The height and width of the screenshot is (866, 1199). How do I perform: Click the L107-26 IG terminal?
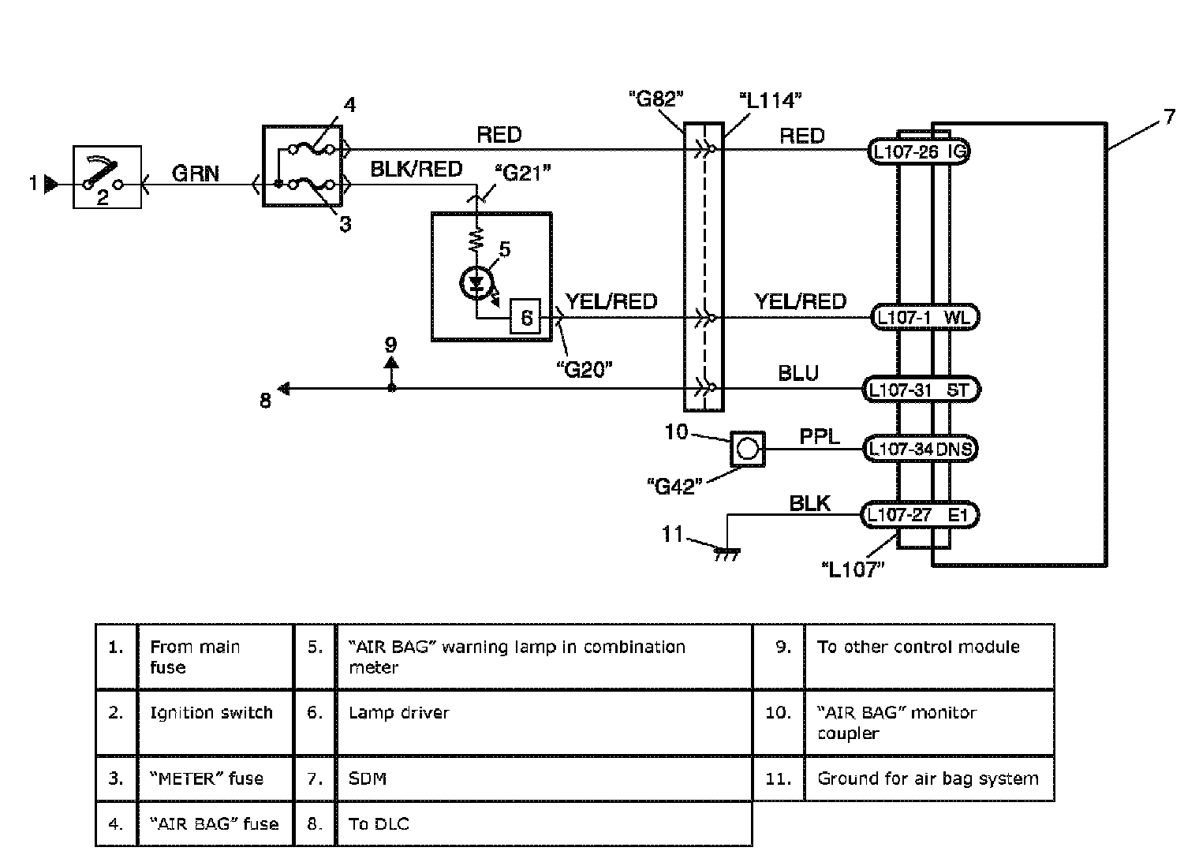(x=918, y=151)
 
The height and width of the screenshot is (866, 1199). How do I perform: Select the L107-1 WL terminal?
(x=925, y=317)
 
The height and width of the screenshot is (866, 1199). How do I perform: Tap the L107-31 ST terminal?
(x=921, y=389)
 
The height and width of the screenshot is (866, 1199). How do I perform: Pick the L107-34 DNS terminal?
(x=921, y=449)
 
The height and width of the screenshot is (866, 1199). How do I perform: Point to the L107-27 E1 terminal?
(x=920, y=515)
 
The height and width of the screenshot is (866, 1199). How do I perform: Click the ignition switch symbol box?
(x=107, y=177)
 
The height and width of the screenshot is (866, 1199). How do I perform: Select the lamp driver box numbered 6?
(x=525, y=317)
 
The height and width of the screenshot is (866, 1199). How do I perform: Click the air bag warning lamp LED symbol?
(x=476, y=283)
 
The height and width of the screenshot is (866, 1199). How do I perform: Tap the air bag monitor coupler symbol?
(x=747, y=449)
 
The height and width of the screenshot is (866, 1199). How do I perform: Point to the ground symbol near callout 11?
(x=728, y=554)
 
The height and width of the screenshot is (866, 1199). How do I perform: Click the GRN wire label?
(x=196, y=174)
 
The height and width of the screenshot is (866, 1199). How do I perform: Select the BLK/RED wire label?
(x=416, y=169)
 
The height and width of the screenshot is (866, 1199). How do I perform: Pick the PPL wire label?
(x=820, y=436)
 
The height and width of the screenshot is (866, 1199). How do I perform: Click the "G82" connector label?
(x=656, y=99)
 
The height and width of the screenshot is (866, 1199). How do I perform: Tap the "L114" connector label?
(x=770, y=100)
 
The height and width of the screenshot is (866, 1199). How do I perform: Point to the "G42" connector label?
(x=674, y=486)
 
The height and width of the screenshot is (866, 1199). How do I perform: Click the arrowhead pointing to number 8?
(x=284, y=389)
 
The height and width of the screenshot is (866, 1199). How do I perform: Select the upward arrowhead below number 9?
(x=391, y=362)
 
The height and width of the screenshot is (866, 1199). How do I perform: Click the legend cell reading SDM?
(x=543, y=778)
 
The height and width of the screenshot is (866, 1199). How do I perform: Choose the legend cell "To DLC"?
(x=543, y=823)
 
